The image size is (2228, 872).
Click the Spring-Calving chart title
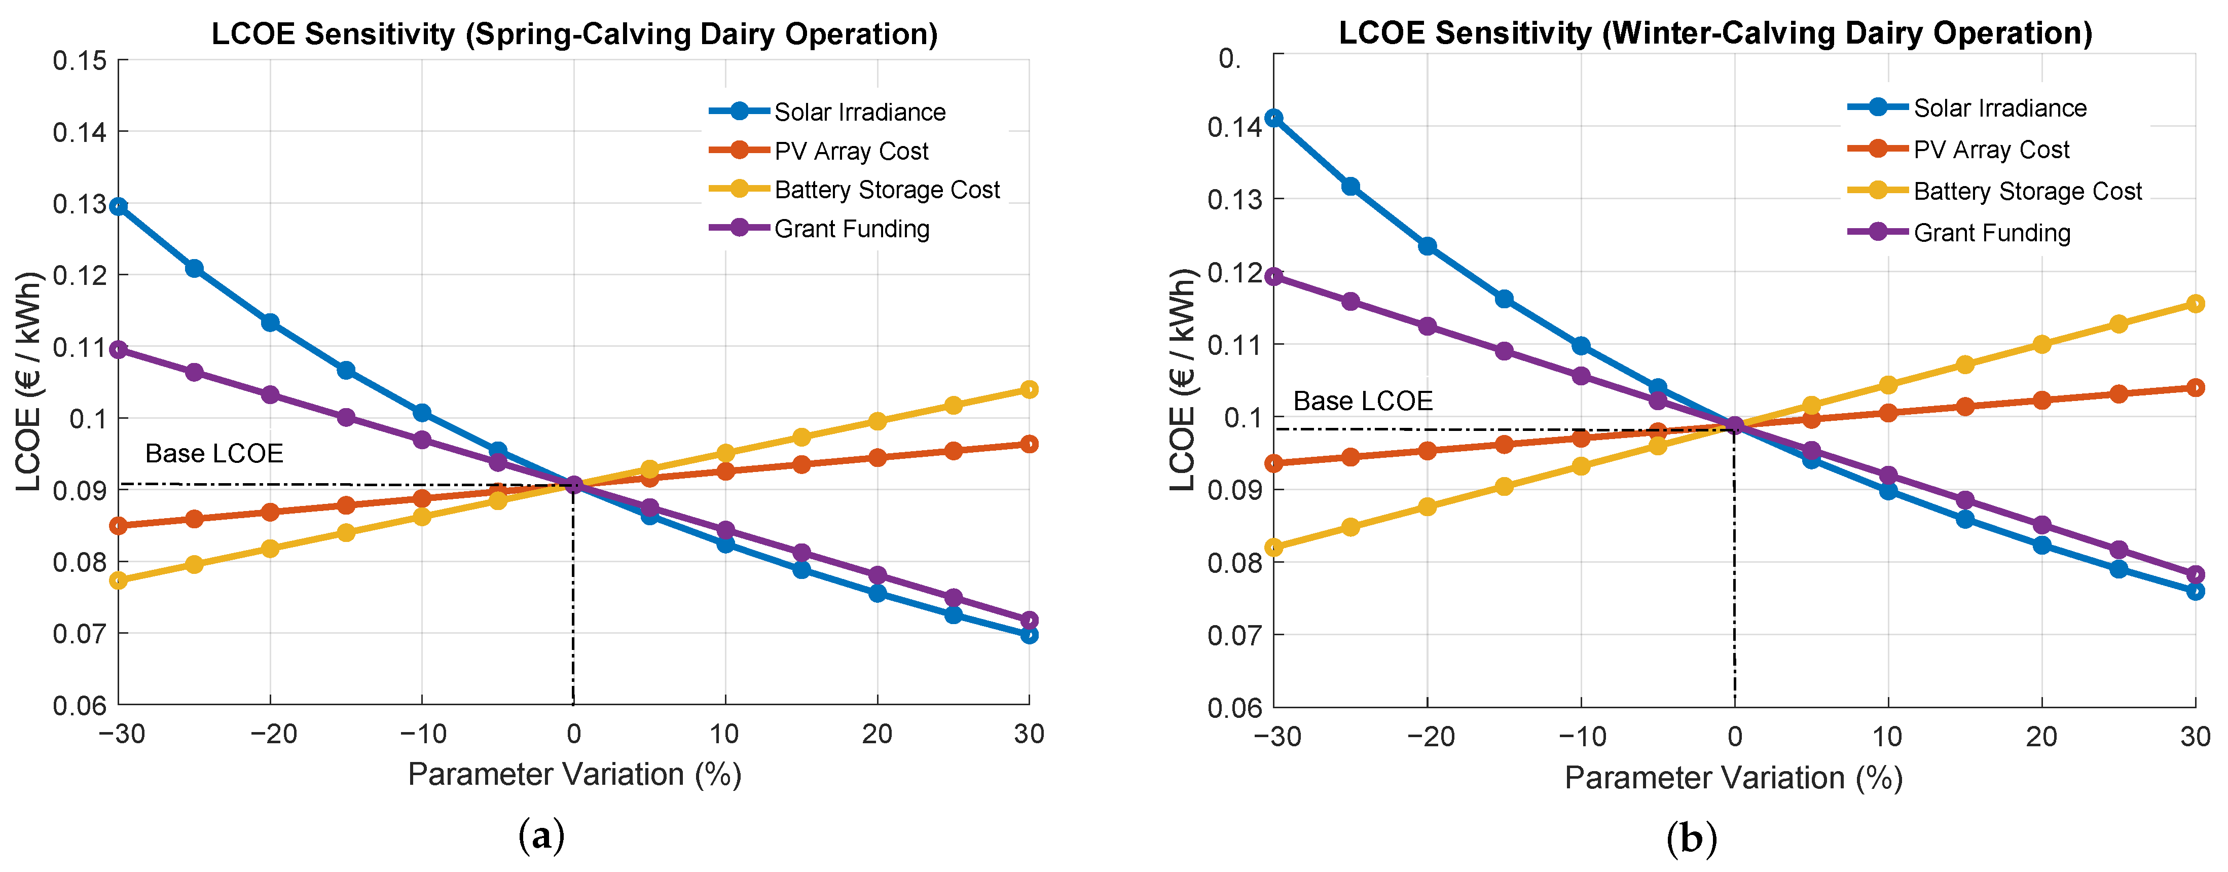coord(574,34)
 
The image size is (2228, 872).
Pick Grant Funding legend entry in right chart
coord(1991,233)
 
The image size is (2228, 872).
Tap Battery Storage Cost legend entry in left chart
coord(887,190)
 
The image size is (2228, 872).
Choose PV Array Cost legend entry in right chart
coord(1991,150)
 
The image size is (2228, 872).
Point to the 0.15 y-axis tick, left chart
coord(80,60)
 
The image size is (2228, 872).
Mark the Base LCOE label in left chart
coord(213,453)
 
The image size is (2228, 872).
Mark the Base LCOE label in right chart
coord(1362,402)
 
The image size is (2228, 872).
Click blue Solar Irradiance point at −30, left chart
coord(119,207)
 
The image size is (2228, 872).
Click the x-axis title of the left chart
coord(574,774)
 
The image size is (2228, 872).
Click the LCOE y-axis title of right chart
coord(1182,381)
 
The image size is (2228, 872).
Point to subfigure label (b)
coord(1691,838)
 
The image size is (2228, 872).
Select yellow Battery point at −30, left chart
coord(119,580)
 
